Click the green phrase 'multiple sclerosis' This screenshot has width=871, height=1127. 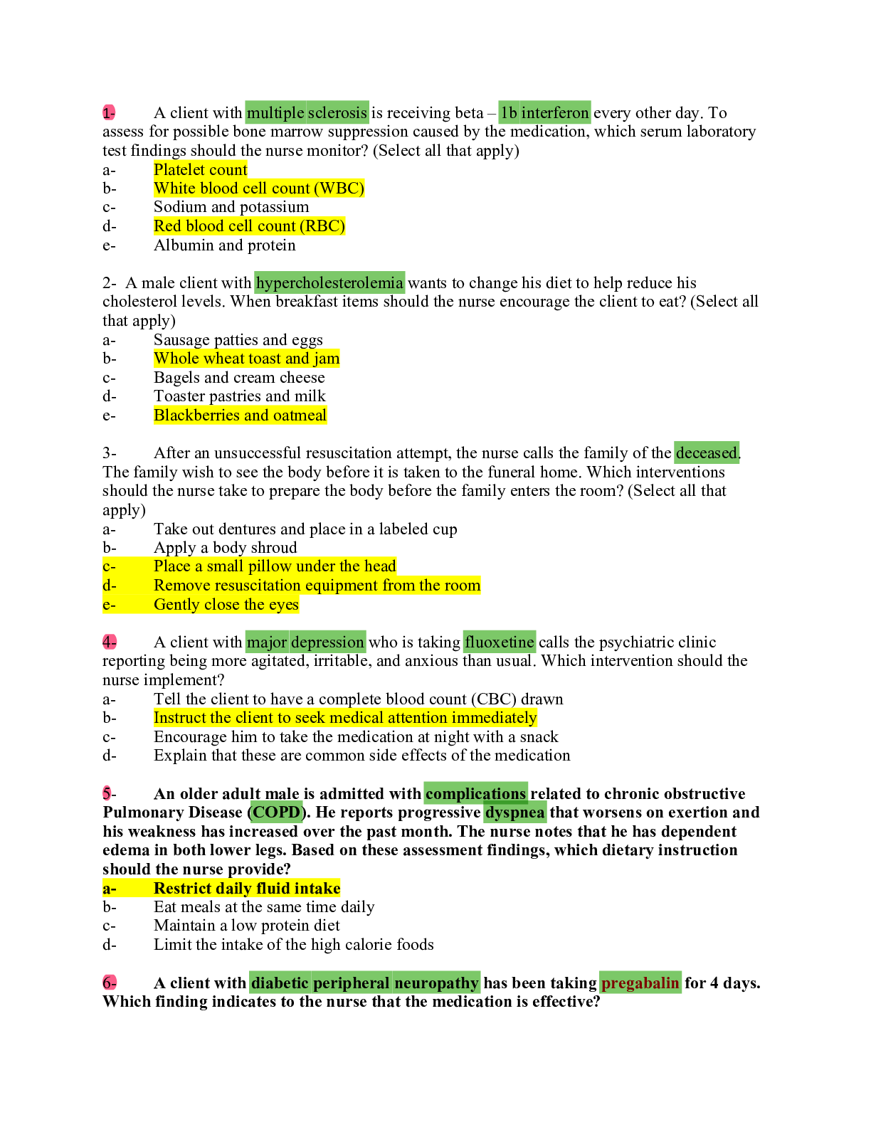[x=307, y=112]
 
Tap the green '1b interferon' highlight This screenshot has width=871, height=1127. [x=544, y=112]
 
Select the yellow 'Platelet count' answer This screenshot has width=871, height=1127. [x=200, y=169]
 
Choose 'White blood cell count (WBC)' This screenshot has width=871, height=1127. [x=259, y=188]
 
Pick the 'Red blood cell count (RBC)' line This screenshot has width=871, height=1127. [x=249, y=226]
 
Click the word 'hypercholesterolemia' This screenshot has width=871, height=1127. [x=329, y=282]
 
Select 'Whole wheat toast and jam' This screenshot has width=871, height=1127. [x=246, y=358]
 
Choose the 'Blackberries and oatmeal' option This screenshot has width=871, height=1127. [x=240, y=415]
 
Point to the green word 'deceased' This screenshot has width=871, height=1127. [x=706, y=453]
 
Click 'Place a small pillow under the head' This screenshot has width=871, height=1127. [x=275, y=566]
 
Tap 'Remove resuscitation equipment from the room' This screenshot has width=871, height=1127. [x=317, y=585]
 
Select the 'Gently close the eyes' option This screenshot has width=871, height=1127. [x=226, y=604]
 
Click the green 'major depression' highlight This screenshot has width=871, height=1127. [x=305, y=642]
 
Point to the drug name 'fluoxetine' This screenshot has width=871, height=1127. [x=499, y=642]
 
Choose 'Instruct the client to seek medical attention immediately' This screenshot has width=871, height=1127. [x=345, y=717]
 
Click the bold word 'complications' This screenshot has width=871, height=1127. [x=475, y=793]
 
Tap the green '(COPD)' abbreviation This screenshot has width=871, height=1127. [x=277, y=812]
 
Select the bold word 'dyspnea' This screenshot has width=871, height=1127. [x=514, y=812]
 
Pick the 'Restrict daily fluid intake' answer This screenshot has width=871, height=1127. [x=247, y=888]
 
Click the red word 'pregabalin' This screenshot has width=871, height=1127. [x=640, y=983]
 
